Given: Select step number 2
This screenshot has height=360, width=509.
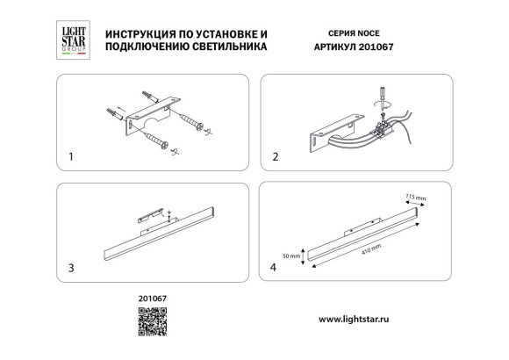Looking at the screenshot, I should coord(275,159).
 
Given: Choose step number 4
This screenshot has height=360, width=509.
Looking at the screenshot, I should coord(276,266).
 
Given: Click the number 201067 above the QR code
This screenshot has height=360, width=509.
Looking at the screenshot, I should coord(152,299).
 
